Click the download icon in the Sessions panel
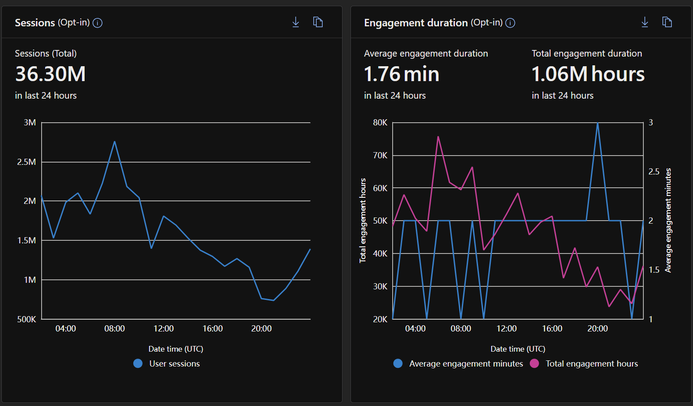coord(296,22)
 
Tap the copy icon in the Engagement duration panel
coord(667,22)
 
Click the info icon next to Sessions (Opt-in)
coord(97,23)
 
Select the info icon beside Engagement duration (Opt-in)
coord(510,23)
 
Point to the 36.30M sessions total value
coord(50,74)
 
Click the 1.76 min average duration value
coord(402,74)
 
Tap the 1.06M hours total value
coord(588,74)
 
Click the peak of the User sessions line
coord(114,142)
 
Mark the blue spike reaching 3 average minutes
coord(598,123)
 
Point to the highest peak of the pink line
coord(438,136)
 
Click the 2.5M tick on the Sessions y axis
coord(27,162)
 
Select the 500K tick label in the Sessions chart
coord(27,319)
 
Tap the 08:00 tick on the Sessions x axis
coord(114,328)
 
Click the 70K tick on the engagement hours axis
coord(380,155)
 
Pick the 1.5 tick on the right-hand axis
coord(654,270)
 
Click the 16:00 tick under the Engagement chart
coord(552,328)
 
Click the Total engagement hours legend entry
coord(584,363)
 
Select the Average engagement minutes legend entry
coord(458,363)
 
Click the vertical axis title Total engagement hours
coord(363,221)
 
